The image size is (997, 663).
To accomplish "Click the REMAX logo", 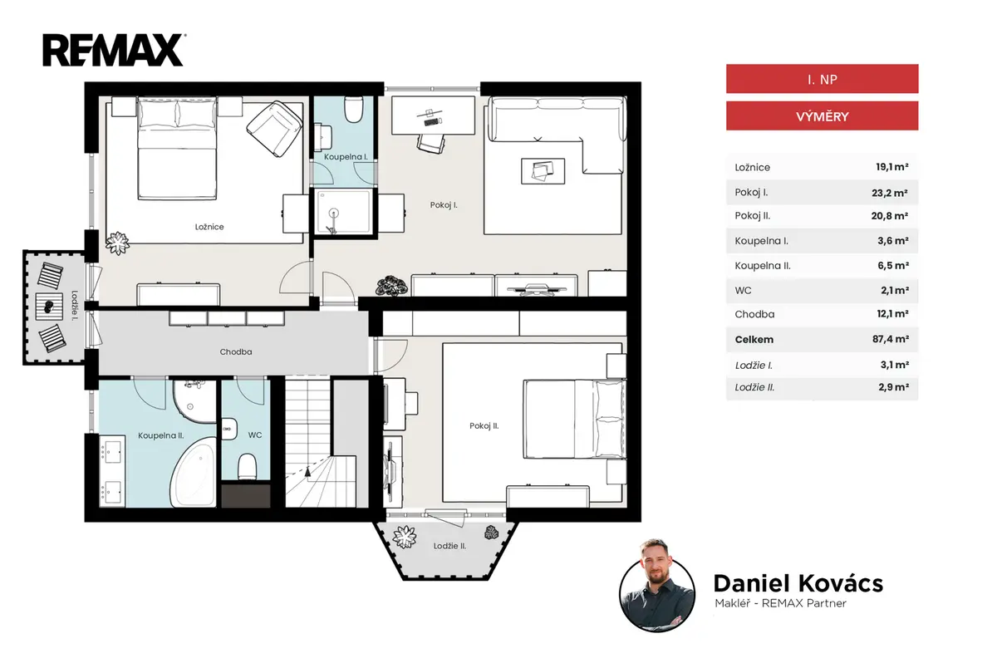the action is [114, 50].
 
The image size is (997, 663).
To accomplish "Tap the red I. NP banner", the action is [822, 79].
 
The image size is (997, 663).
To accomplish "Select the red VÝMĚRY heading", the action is [822, 116].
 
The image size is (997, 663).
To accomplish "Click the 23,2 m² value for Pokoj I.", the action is [889, 193].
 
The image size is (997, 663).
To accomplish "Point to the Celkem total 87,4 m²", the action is [890, 339].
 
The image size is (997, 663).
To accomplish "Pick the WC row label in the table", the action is [743, 291].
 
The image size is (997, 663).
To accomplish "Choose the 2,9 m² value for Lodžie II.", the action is [893, 387].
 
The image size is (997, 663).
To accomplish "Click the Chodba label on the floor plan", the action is [236, 352].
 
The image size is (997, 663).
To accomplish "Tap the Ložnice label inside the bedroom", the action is [209, 227].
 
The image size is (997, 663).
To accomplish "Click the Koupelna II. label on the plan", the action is [160, 435].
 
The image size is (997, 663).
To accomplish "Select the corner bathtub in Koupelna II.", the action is [194, 473].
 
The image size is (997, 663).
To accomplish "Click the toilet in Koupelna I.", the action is [354, 109].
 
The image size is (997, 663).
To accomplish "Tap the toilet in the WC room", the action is [247, 467].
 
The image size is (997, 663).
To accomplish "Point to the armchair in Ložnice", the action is [275, 129].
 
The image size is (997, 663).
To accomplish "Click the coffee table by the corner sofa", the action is [543, 171].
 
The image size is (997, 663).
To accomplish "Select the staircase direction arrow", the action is [307, 472].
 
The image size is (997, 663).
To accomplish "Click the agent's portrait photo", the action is [657, 592].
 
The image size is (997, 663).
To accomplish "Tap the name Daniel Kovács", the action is [798, 583].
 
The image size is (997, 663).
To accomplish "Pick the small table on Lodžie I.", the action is [49, 306].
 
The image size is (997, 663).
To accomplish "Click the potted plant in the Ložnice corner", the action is [117, 243].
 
